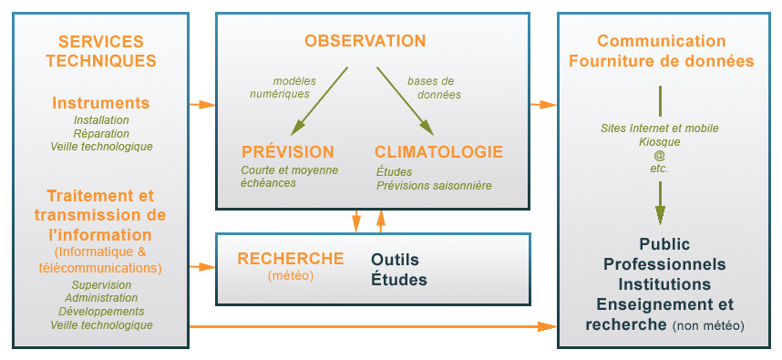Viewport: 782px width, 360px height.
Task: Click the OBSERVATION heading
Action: tap(365, 41)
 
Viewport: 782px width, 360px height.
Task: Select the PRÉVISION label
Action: tap(288, 152)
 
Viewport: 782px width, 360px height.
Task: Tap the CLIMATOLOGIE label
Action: tap(438, 152)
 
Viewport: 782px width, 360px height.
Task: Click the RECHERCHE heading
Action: tap(290, 259)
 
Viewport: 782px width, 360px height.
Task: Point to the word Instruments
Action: tap(100, 103)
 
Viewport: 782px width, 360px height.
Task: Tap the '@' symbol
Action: tap(660, 155)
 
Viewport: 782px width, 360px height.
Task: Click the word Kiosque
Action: tap(660, 141)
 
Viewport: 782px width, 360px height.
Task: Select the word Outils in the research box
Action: tap(395, 260)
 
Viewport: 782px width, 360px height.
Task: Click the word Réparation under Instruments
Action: tap(101, 133)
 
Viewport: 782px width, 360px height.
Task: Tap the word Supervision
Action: tap(101, 285)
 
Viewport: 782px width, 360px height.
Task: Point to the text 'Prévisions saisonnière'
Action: tap(434, 185)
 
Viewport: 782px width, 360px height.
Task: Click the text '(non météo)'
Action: tap(708, 325)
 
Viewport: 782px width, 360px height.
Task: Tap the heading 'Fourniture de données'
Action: tap(662, 62)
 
